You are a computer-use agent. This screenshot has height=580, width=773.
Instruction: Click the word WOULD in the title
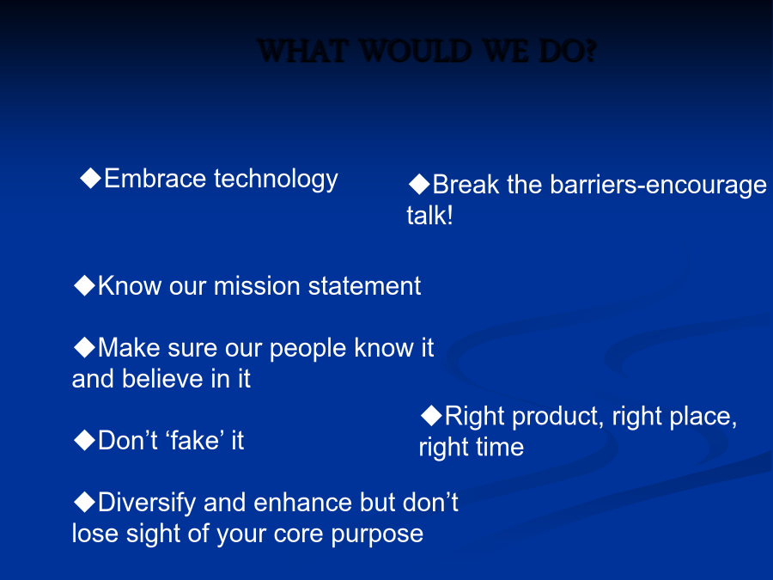click(x=415, y=51)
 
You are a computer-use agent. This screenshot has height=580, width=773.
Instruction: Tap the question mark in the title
click(x=591, y=51)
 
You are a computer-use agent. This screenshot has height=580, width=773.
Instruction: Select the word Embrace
click(x=155, y=178)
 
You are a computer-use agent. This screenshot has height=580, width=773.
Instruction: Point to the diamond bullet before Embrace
click(x=91, y=178)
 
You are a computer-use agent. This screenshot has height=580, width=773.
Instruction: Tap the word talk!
click(x=430, y=216)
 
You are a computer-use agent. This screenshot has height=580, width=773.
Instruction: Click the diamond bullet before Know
click(x=84, y=285)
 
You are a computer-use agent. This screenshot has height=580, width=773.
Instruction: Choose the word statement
click(x=364, y=286)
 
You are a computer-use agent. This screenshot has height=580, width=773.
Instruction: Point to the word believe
click(x=162, y=379)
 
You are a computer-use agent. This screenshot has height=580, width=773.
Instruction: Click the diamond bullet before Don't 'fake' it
click(x=84, y=440)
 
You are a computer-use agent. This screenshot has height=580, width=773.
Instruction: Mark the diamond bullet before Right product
click(x=431, y=415)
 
